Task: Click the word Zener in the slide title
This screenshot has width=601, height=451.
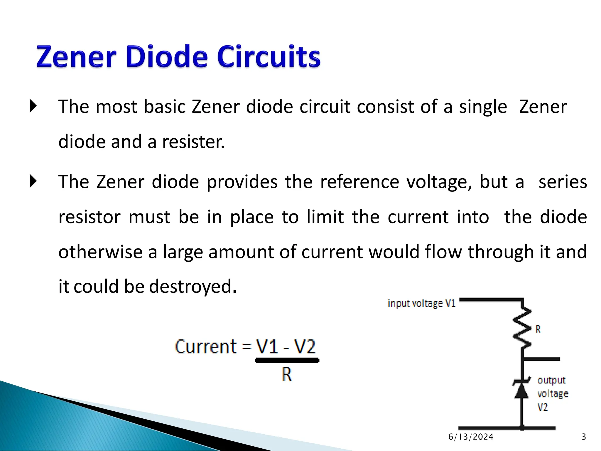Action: click(76, 56)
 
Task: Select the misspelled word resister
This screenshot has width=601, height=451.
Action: click(193, 142)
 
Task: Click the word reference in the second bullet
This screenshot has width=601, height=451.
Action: click(359, 182)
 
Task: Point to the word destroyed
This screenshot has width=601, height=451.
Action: click(191, 287)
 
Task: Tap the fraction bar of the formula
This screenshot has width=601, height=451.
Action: click(287, 360)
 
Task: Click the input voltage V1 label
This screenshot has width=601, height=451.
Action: click(421, 303)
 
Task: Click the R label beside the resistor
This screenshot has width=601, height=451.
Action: click(538, 329)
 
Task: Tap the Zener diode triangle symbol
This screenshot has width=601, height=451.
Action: click(521, 390)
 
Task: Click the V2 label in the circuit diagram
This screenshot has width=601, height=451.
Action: click(543, 407)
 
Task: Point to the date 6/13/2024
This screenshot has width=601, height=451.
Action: click(471, 437)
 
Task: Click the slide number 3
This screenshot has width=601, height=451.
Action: click(584, 437)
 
